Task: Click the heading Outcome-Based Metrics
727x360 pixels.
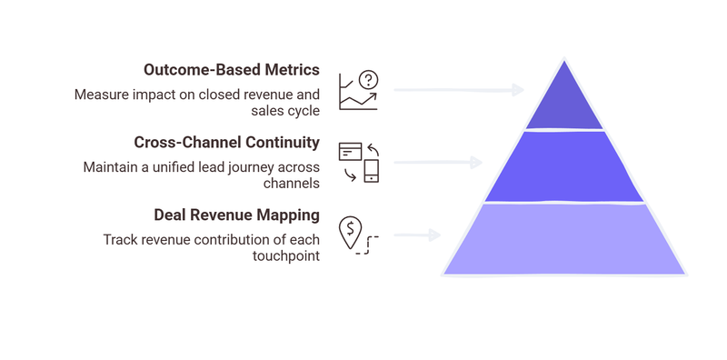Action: click(x=232, y=70)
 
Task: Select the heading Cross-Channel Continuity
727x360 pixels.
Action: click(x=226, y=143)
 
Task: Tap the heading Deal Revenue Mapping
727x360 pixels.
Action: click(x=236, y=215)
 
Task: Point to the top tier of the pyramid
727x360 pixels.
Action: click(x=563, y=100)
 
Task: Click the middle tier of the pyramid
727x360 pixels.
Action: click(x=563, y=165)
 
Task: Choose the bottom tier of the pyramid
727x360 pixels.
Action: click(x=563, y=238)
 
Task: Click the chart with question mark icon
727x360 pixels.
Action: click(x=358, y=90)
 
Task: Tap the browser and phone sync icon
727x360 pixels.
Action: click(x=358, y=162)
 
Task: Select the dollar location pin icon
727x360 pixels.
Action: click(x=357, y=235)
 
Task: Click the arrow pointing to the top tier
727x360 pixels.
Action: click(x=459, y=90)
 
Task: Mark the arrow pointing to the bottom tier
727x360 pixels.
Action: click(x=417, y=235)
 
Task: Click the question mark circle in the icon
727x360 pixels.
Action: click(x=368, y=79)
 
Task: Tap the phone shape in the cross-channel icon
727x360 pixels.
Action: click(x=371, y=171)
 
